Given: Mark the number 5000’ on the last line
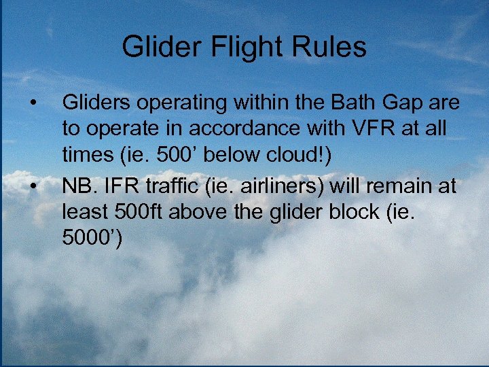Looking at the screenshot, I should (92, 239).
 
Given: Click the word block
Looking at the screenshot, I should (352, 213).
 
